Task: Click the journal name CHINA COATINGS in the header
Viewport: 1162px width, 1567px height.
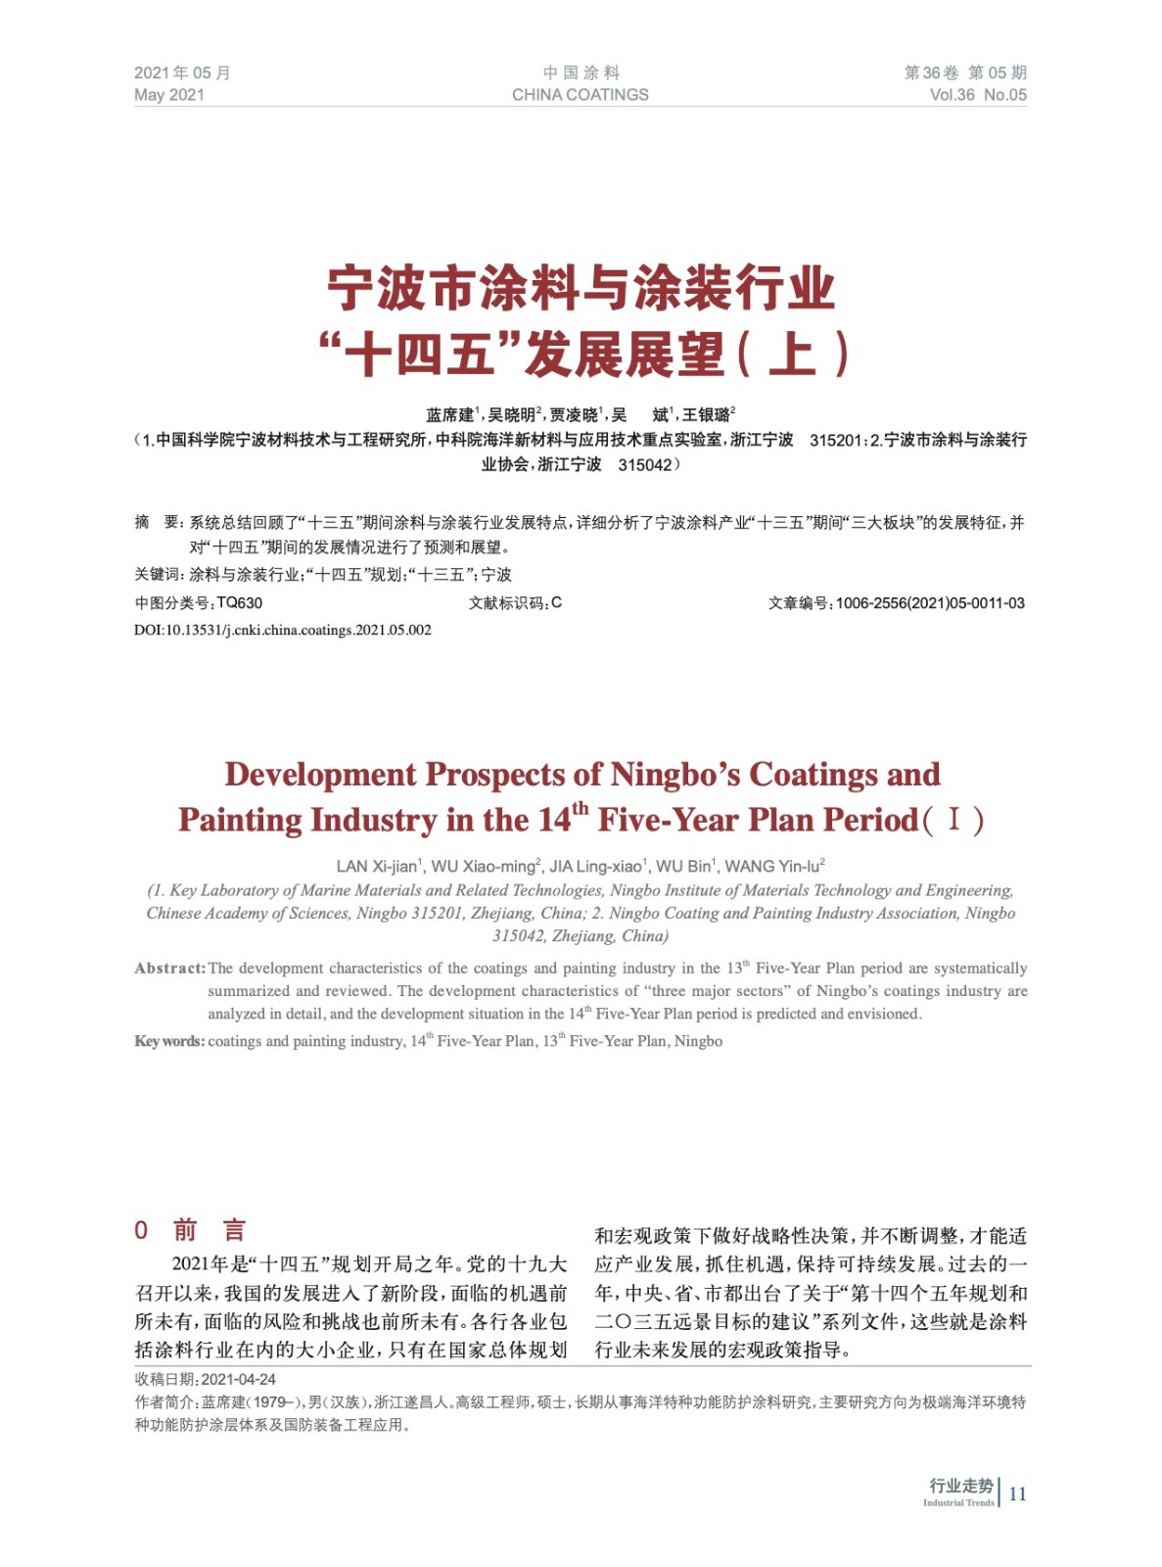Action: click(x=580, y=95)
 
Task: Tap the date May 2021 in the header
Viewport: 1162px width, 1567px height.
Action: click(x=169, y=95)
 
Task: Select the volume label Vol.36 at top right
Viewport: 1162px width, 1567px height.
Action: click(x=952, y=95)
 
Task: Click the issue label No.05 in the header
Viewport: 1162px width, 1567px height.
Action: click(x=1005, y=95)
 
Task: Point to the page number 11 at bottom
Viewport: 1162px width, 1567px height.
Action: click(x=1018, y=1494)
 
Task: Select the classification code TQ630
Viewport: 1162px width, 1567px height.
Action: click(x=240, y=603)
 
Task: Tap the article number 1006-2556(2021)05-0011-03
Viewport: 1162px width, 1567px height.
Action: click(x=930, y=603)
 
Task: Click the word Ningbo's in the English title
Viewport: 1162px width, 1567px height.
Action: click(x=675, y=775)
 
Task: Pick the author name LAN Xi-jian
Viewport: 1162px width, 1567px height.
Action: click(x=378, y=867)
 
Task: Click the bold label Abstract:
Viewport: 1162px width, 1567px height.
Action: click(x=170, y=969)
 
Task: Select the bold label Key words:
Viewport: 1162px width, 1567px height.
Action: click(x=169, y=1041)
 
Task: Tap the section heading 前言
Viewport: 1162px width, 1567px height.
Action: click(x=209, y=1230)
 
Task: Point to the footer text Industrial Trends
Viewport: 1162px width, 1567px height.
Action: click(x=958, y=1503)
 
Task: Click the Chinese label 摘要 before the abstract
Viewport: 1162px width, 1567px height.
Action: click(x=157, y=523)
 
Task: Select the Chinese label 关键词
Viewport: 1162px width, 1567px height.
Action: click(x=158, y=575)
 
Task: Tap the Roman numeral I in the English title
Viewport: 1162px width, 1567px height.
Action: click(x=953, y=820)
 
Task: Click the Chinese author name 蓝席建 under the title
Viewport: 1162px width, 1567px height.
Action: click(x=449, y=415)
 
